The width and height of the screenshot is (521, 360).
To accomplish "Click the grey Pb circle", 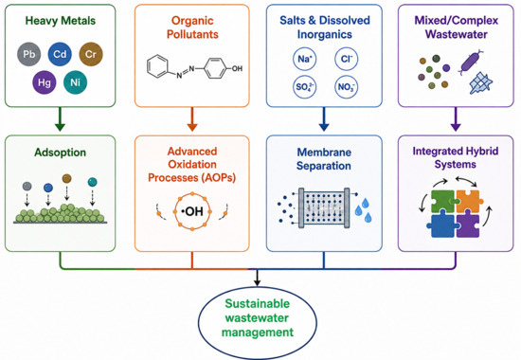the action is (29, 54).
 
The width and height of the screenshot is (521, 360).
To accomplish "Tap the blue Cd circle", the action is (60, 54).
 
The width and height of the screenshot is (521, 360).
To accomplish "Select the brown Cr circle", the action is (91, 54).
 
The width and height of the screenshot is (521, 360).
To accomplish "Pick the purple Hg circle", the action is (45, 82).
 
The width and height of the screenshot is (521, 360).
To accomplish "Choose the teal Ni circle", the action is (75, 82).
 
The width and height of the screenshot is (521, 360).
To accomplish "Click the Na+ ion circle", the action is (304, 59).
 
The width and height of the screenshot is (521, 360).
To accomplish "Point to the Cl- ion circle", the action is (346, 59).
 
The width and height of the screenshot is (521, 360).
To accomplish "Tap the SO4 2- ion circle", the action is (304, 87).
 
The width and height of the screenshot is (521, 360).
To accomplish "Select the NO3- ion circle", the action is (346, 87).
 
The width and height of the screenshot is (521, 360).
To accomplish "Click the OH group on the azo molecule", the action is (237, 69).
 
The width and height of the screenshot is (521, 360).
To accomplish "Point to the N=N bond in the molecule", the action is (186, 72).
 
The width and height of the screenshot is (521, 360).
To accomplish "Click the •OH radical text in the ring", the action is (192, 211).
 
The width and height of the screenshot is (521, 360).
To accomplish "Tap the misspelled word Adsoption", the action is (60, 153).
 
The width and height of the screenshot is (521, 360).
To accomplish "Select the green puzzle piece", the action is (443, 202).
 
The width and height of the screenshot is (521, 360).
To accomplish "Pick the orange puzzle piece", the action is (469, 202).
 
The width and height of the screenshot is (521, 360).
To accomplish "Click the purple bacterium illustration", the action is (471, 62).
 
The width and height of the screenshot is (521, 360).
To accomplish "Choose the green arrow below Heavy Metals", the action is (60, 119).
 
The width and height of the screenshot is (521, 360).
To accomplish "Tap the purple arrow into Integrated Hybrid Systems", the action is (456, 119).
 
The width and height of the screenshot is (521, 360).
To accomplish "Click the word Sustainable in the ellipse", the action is (257, 304).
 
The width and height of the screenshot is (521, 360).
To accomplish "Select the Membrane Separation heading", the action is (324, 159).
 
